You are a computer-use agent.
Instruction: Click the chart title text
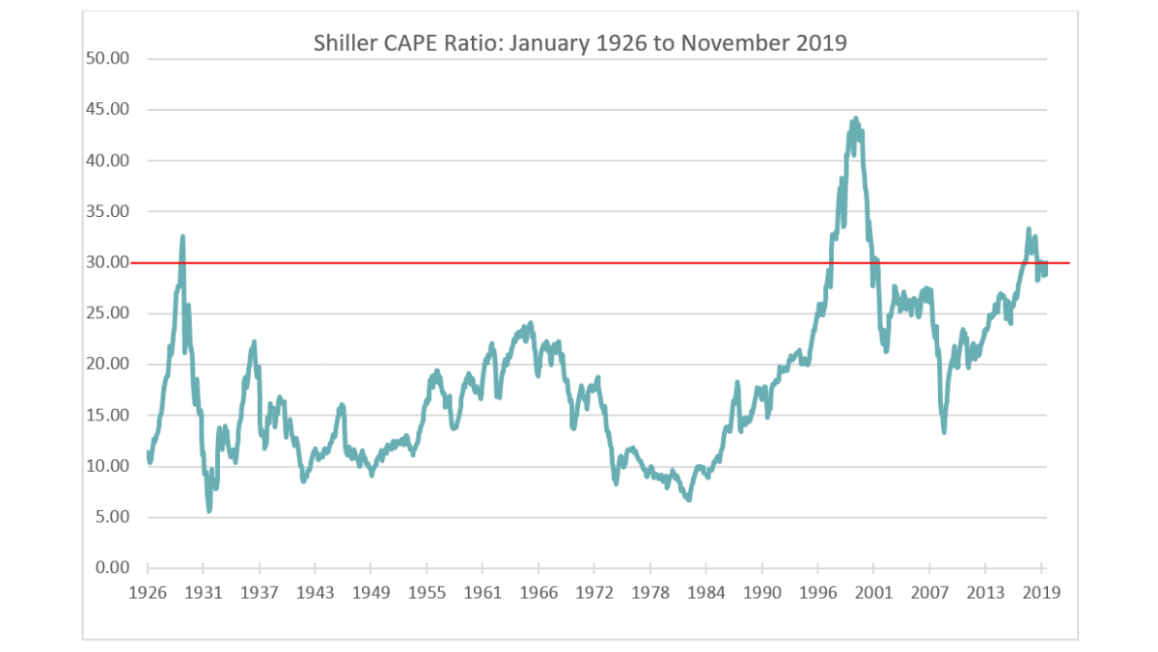pyautogui.click(x=580, y=43)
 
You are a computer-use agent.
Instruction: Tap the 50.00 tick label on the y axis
pyautogui.click(x=107, y=59)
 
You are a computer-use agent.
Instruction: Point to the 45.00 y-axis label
pyautogui.click(x=107, y=110)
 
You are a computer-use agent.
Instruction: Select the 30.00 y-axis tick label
pyautogui.click(x=107, y=262)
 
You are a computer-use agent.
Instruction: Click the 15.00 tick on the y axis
pyautogui.click(x=107, y=416)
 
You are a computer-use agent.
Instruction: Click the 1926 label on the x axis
pyautogui.click(x=148, y=592)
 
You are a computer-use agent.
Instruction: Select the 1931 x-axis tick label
pyautogui.click(x=203, y=592)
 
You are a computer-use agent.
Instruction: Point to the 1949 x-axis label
pyautogui.click(x=371, y=592)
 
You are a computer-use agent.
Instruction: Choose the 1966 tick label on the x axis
pyautogui.click(x=538, y=592)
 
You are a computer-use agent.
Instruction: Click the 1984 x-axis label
pyautogui.click(x=706, y=592)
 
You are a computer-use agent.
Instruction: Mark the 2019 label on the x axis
pyautogui.click(x=1042, y=592)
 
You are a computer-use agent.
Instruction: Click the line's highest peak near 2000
pyautogui.click(x=855, y=119)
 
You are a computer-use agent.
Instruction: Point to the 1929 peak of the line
pyautogui.click(x=182, y=235)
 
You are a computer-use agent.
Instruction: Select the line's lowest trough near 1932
pyautogui.click(x=209, y=510)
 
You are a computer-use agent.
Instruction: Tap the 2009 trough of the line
pyautogui.click(x=943, y=431)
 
